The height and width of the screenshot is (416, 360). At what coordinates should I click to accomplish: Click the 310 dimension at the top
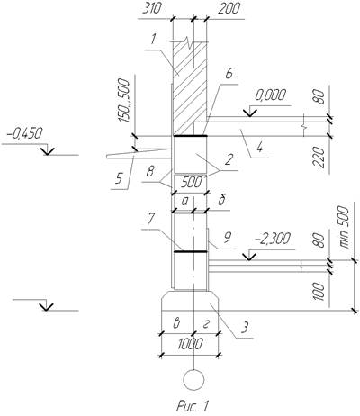pyautogui.click(x=152, y=9)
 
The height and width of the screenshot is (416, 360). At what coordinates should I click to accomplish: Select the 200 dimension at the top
pyautogui.click(x=229, y=9)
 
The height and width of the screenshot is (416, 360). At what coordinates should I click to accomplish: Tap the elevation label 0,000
pyautogui.click(x=270, y=95)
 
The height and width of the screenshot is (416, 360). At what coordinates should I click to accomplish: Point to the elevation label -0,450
pyautogui.click(x=25, y=133)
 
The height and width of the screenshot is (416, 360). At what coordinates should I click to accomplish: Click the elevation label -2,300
pyautogui.click(x=273, y=240)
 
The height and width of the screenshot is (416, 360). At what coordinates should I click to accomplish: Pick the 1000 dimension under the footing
pyautogui.click(x=190, y=344)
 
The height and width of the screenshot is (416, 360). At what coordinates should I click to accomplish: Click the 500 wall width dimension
pyautogui.click(x=191, y=182)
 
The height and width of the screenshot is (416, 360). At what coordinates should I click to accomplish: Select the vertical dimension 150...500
pyautogui.click(x=124, y=101)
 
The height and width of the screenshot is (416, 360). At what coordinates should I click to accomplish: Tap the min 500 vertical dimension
pyautogui.click(x=345, y=227)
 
